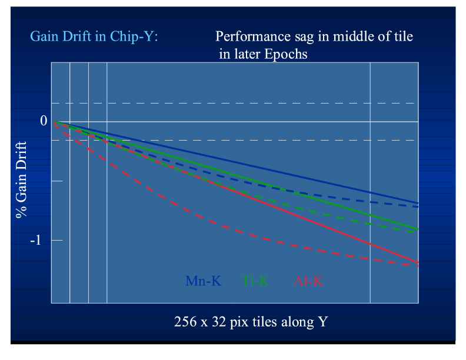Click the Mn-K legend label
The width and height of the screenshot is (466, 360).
[203, 281]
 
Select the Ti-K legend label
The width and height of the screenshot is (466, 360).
[256, 281]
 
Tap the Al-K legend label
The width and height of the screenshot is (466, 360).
[308, 281]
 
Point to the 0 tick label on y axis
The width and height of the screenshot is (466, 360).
[43, 121]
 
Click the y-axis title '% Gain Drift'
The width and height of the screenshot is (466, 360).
[21, 179]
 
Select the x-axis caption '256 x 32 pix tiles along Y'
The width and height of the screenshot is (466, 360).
[251, 322]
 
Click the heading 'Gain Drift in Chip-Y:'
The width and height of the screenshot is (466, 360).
[94, 37]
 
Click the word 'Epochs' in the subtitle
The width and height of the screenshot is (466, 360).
[288, 54]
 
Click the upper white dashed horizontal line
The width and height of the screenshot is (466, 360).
[235, 103]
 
